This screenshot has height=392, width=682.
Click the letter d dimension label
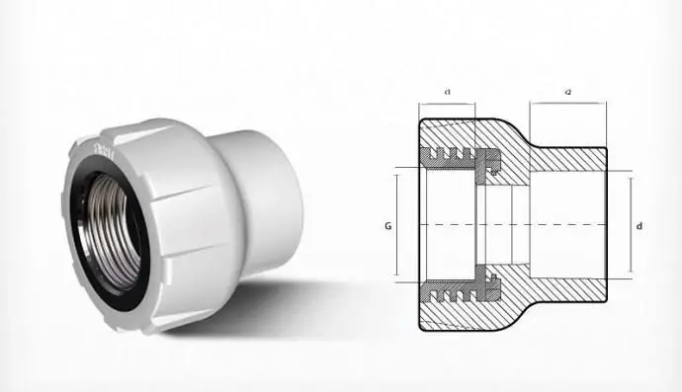click(x=641, y=226)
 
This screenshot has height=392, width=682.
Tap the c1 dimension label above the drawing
click(x=448, y=92)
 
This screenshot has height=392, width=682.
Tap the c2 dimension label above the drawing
click(x=568, y=92)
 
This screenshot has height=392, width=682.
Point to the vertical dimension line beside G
click(x=396, y=225)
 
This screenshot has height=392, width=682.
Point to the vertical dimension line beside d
click(x=630, y=225)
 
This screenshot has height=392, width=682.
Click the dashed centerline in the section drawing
click(x=514, y=226)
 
